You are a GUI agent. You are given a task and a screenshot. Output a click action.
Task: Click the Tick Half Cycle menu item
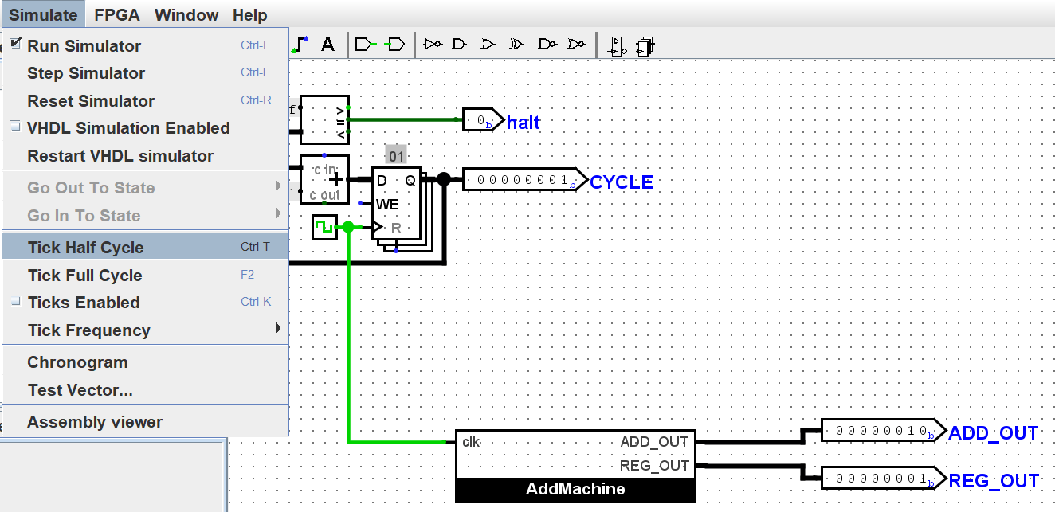click(x=85, y=248)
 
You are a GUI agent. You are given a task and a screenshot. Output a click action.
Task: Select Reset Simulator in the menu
click(x=91, y=101)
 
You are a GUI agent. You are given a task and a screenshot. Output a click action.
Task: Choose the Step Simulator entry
click(x=86, y=73)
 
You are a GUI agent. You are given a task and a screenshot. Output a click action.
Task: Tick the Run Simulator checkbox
click(x=16, y=45)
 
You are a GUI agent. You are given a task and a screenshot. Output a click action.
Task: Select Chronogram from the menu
click(x=77, y=362)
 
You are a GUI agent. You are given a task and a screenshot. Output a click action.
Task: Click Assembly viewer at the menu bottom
click(x=95, y=422)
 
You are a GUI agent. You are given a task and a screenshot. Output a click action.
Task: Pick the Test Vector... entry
click(x=80, y=390)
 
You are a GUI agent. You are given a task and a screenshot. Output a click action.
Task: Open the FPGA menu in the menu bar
click(x=116, y=15)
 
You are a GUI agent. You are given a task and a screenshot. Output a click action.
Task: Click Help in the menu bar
click(x=250, y=15)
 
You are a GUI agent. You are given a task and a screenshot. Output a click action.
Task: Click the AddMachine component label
click(x=575, y=489)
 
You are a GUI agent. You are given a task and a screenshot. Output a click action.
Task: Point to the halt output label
click(x=524, y=123)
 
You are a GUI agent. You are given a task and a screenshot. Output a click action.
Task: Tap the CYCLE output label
click(x=622, y=182)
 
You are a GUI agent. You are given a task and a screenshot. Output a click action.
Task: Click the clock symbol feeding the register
click(x=324, y=227)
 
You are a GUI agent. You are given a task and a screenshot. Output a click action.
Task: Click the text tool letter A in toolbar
click(x=327, y=45)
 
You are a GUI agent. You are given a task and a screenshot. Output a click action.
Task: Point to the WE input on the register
click(x=387, y=205)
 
